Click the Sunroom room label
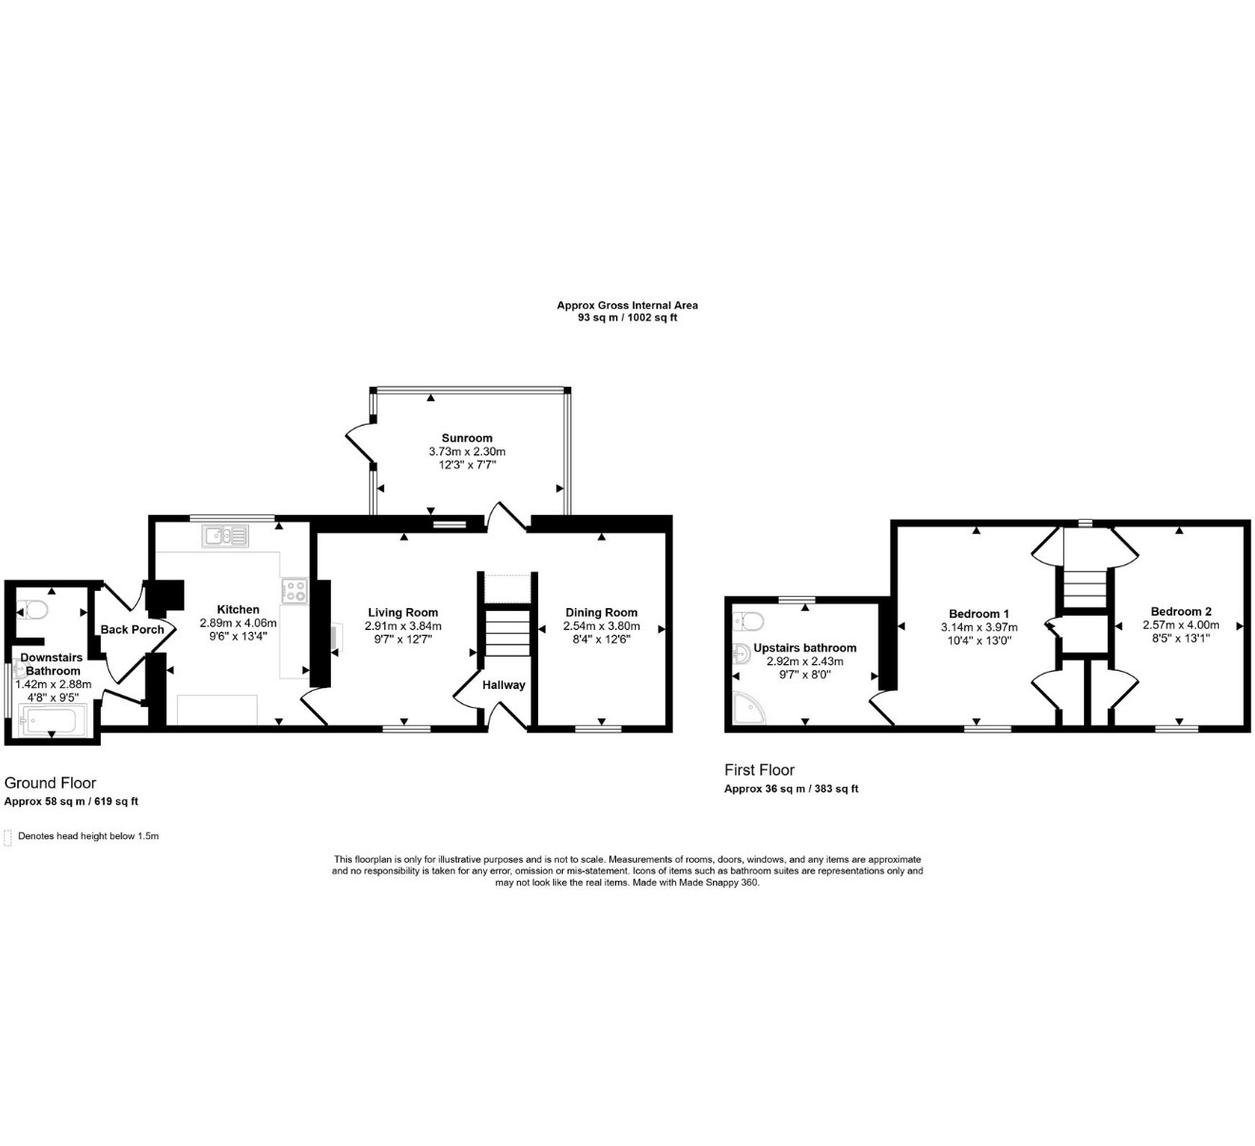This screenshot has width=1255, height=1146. (x=467, y=438)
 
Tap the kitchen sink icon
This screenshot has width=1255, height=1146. (x=225, y=536)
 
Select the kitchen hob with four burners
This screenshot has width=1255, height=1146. (x=294, y=591)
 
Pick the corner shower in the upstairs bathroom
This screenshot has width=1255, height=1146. (x=749, y=708)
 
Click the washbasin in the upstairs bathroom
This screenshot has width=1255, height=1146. (x=741, y=655)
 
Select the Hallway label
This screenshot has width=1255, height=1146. (x=504, y=685)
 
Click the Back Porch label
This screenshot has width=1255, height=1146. (x=132, y=629)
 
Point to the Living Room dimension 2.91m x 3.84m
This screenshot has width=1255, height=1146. (x=403, y=625)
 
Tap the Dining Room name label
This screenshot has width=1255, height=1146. (x=601, y=612)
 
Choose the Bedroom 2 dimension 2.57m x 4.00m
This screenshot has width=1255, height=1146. (x=1181, y=624)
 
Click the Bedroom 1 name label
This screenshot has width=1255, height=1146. (x=979, y=614)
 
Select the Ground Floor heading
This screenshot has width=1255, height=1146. (x=50, y=783)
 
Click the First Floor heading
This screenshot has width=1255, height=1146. (x=760, y=770)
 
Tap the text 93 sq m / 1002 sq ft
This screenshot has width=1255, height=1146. (x=627, y=317)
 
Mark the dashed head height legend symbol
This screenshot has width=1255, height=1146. (x=8, y=838)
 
